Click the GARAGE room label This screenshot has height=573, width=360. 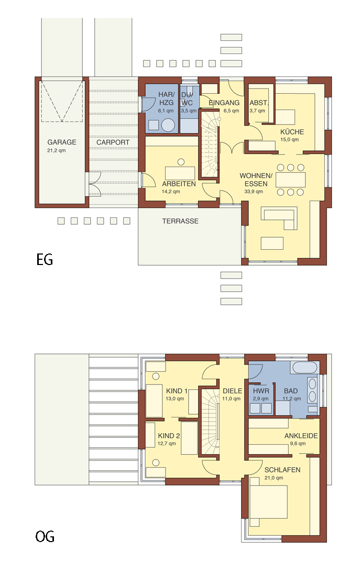point(62,142)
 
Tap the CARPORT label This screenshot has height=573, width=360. point(113,142)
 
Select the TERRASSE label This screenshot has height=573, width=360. point(180,221)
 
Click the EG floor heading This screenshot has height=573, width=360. point(45,259)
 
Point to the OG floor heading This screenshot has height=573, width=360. point(45,536)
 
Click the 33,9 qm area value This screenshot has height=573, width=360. point(254,192)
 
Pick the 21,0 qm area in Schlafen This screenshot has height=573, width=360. point(274,478)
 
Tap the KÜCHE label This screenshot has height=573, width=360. point(292,131)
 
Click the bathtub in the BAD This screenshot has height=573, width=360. point(304,368)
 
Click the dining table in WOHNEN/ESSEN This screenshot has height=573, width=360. point(290,180)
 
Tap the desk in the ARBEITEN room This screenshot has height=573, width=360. point(180,173)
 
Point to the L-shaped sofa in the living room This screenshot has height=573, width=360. point(279,218)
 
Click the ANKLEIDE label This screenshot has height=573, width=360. point(301,436)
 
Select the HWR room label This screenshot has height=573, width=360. point(261,391)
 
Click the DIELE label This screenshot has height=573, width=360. point(233,391)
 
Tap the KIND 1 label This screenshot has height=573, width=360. point(177,391)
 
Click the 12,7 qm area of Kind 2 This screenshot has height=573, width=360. point(167,444)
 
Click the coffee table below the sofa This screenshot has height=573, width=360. point(272,243)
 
